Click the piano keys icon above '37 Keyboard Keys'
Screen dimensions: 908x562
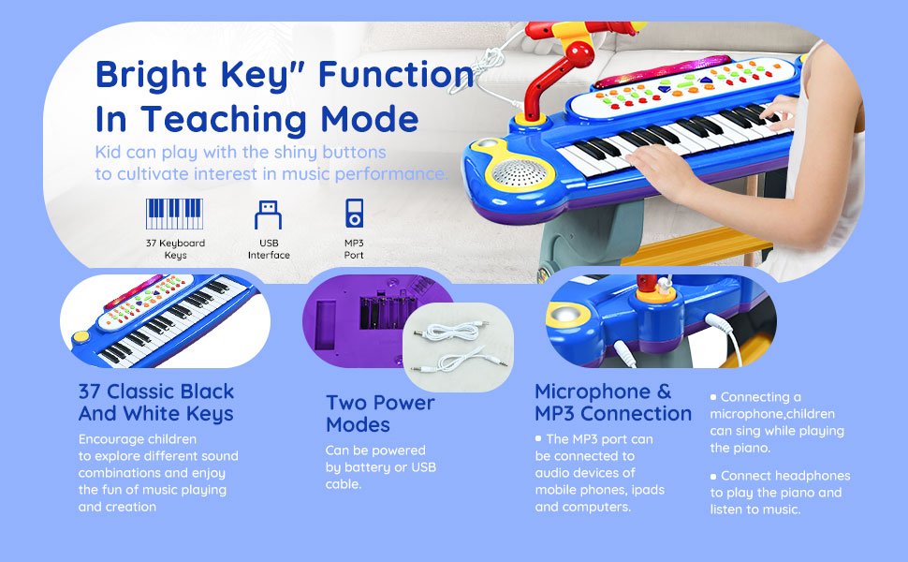tap(174, 214)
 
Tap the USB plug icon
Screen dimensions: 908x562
tap(268, 214)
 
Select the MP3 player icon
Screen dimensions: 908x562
tap(355, 214)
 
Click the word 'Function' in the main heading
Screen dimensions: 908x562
tap(397, 75)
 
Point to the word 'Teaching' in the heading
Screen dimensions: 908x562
tap(224, 119)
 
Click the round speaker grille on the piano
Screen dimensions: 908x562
tap(519, 173)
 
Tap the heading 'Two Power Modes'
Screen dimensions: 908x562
tap(380, 414)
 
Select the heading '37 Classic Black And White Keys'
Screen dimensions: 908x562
tap(156, 403)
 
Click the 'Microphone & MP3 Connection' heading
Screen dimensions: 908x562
tap(613, 403)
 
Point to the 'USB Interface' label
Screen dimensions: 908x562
tap(269, 249)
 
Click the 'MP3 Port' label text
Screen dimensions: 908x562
tap(354, 249)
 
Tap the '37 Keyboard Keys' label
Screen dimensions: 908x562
tap(175, 249)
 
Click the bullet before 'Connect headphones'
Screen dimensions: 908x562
tap(713, 476)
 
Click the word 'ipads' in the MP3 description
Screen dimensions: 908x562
tap(648, 490)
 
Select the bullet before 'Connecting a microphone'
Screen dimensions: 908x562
tap(713, 397)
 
